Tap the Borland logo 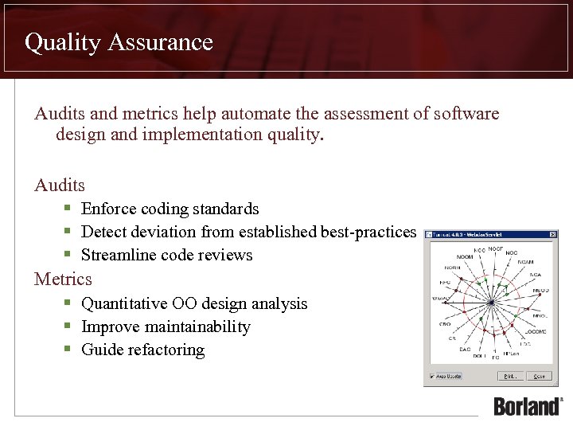click(x=527, y=405)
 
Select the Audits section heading click(x=60, y=186)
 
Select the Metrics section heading click(x=63, y=279)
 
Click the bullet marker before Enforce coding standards click(x=69, y=209)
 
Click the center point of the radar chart click(x=492, y=303)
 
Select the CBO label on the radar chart click(x=445, y=324)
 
